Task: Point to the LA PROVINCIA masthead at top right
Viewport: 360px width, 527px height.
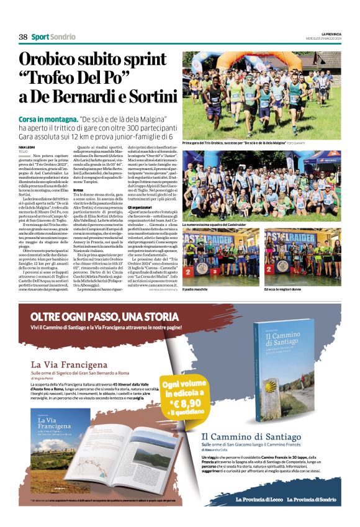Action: [x=328, y=33]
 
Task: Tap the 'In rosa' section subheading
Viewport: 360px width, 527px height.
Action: [x=78, y=189]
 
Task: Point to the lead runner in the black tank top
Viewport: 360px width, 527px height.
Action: [x=215, y=99]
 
